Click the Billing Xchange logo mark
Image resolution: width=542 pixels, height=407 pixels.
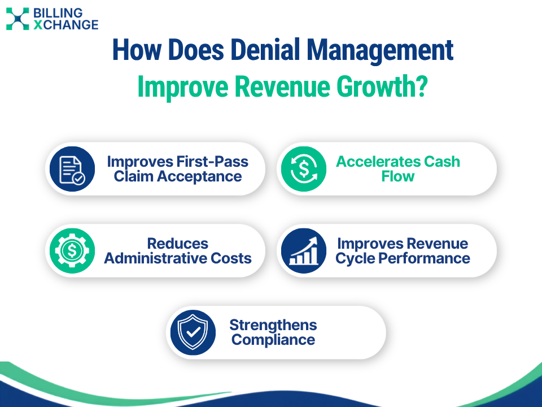tap(18, 19)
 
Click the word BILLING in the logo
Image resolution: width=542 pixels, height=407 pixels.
tap(58, 13)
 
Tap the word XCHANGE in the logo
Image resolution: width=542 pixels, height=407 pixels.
tap(66, 25)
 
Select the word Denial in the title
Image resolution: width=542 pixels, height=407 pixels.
tap(266, 50)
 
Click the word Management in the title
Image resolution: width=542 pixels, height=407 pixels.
tap(380, 51)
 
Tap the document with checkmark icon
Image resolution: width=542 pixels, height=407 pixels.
tap(72, 169)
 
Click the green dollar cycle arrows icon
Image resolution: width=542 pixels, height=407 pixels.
tap(304, 169)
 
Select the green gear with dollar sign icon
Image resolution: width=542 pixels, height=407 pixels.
tap(72, 250)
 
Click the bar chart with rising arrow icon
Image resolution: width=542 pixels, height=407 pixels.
tap(304, 250)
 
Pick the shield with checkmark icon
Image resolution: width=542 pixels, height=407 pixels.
tap(193, 332)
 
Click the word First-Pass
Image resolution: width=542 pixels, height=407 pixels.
tap(213, 162)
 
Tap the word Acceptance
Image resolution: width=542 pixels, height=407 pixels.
tap(199, 177)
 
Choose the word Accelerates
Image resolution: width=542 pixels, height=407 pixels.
tap(378, 162)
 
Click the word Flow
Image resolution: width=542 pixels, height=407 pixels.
tap(398, 176)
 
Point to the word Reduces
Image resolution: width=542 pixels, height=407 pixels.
tap(178, 244)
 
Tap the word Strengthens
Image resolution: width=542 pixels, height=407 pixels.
tap(273, 326)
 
